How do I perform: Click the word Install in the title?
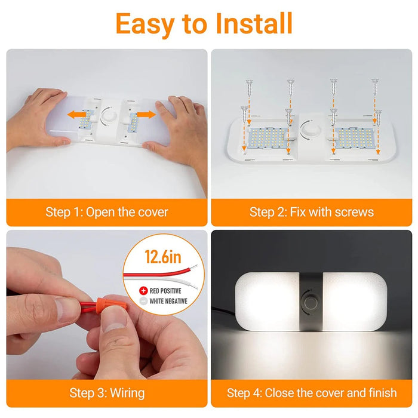tap(254, 23)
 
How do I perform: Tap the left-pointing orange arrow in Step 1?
tap(77, 115)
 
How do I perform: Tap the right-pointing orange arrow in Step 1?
tap(146, 115)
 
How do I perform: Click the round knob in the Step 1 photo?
tap(109, 116)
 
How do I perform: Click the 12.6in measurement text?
tap(163, 256)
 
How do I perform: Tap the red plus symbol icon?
tap(143, 291)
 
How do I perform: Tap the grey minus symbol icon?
tap(143, 301)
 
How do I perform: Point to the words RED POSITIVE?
tap(165, 291)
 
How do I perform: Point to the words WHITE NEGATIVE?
tap(168, 301)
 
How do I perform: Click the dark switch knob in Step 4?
tap(309, 303)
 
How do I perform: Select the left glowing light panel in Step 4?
tap(267, 302)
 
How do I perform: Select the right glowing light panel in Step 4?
tap(355, 302)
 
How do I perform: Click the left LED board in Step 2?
tap(267, 138)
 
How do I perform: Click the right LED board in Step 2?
tap(355, 138)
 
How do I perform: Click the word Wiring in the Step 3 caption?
tap(127, 394)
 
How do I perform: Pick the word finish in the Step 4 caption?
tap(383, 393)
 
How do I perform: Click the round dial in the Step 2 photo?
tap(309, 130)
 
